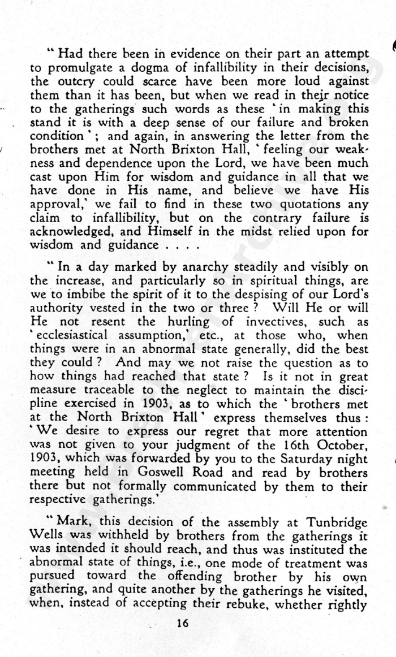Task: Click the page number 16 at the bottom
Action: pyautogui.click(x=182, y=624)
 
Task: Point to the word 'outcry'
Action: pyautogui.click(x=91, y=82)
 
